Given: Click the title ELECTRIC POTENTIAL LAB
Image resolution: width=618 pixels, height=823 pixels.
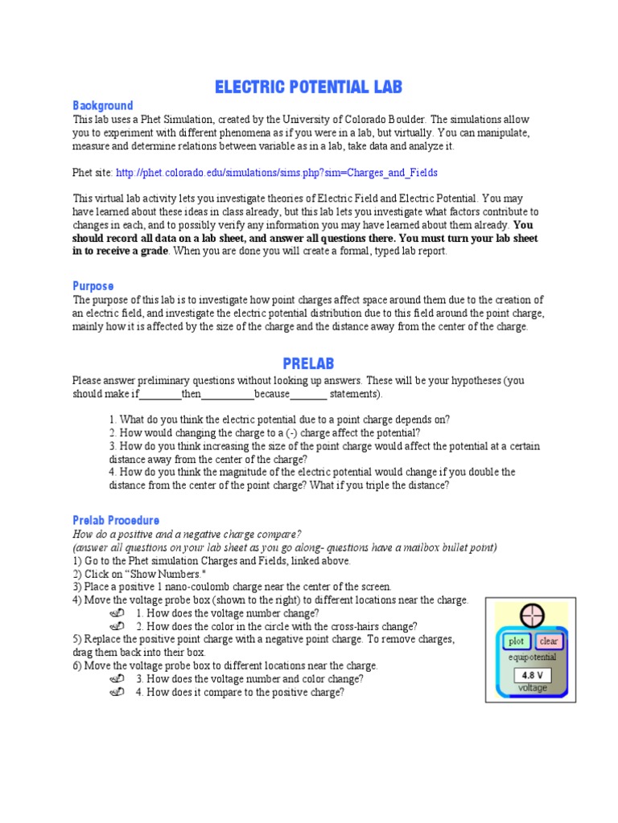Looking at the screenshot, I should tap(308, 87).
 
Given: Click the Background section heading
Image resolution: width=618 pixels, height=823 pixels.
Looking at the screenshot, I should tap(103, 106).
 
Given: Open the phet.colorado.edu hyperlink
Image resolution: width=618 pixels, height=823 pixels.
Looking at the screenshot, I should tap(277, 173).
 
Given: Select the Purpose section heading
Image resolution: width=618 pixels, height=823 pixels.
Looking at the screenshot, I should tap(93, 286).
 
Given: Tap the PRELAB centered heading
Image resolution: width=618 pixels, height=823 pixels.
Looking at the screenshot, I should tap(308, 364).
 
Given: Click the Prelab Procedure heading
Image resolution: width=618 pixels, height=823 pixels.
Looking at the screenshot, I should tap(116, 520).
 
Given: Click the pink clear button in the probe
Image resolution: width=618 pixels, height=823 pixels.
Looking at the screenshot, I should tap(549, 641).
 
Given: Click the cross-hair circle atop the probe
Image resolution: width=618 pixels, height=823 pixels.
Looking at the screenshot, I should tap(531, 616).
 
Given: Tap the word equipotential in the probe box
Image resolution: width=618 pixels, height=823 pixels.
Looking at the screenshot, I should tap(532, 657).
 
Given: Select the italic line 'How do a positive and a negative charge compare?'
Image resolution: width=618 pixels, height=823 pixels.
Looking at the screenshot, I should tap(187, 534).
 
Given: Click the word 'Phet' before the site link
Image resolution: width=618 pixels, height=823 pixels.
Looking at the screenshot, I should tap(83, 173).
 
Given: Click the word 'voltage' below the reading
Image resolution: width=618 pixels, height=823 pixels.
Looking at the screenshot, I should tap(532, 688).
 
